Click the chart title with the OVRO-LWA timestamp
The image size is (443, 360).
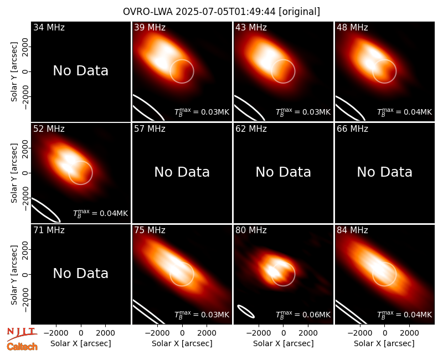pos(221,12)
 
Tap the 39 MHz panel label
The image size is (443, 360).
pos(150,27)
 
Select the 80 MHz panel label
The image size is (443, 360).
pos(251,230)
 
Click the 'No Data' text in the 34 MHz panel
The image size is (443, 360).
pos(81,71)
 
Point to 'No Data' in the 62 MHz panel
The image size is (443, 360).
pos(284,172)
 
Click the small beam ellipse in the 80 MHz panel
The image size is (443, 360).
pos(246,311)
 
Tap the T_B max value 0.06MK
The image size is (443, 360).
pos(303,315)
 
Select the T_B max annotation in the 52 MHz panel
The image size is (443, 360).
pos(101,213)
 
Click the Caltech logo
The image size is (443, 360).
pos(22,347)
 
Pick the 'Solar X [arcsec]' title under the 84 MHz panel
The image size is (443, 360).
pos(384,343)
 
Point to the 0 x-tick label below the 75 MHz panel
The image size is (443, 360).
pos(182,333)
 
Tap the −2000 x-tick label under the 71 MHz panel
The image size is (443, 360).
pos(56,333)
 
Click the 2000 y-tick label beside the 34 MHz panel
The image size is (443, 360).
pos(25,47)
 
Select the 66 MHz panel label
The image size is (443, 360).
pos(352,129)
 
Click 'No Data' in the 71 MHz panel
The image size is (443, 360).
pos(81,274)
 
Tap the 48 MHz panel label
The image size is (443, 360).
pos(352,27)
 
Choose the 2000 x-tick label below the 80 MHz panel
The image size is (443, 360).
pos(308,333)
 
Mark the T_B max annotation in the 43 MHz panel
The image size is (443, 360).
pos(303,112)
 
